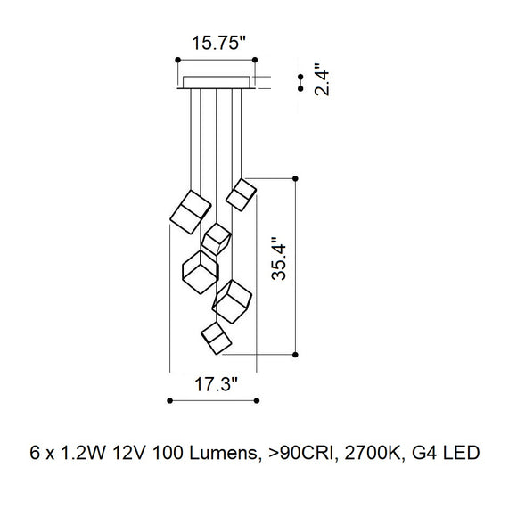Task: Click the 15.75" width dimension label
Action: click(219, 43)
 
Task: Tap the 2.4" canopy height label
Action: click(322, 79)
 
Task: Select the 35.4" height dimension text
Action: click(279, 258)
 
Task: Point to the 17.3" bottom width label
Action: click(216, 384)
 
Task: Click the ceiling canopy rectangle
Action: click(217, 82)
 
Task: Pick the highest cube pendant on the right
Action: click(241, 195)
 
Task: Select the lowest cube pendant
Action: click(217, 338)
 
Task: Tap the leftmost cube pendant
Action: click(191, 212)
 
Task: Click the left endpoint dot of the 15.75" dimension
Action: click(177, 60)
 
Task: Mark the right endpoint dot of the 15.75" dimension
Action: click(255, 60)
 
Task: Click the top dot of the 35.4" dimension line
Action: click(295, 178)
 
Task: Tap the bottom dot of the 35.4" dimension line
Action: click(295, 355)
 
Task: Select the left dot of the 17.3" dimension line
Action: click(169, 400)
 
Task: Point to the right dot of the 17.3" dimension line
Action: click(257, 400)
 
